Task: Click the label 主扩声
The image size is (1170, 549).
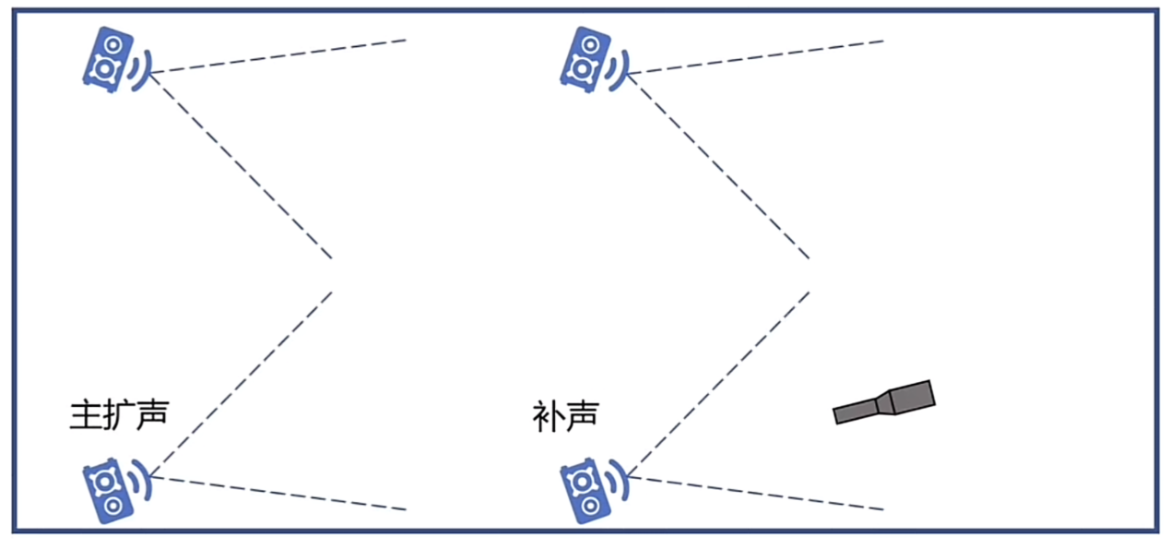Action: tap(119, 414)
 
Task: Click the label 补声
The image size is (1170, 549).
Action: tap(565, 416)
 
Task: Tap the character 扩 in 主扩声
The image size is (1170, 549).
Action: tap(119, 414)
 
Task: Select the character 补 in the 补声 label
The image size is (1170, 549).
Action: tap(548, 416)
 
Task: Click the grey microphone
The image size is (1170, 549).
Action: tap(884, 402)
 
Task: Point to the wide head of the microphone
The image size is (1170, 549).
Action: tap(912, 398)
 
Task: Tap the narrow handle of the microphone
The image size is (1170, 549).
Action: tap(856, 411)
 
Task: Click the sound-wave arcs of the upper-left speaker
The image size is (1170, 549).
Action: tap(142, 70)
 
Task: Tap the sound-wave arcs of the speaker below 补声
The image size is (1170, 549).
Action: tap(619, 481)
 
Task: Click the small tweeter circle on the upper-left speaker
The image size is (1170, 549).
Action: tap(113, 44)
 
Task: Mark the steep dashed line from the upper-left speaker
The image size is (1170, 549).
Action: tap(241, 166)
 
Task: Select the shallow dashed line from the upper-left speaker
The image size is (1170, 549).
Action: tap(278, 56)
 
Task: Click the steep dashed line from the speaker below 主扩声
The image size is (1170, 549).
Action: tap(241, 384)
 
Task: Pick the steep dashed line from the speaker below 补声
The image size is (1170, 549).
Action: tap(718, 384)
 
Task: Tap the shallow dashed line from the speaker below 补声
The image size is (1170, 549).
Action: tap(756, 493)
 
